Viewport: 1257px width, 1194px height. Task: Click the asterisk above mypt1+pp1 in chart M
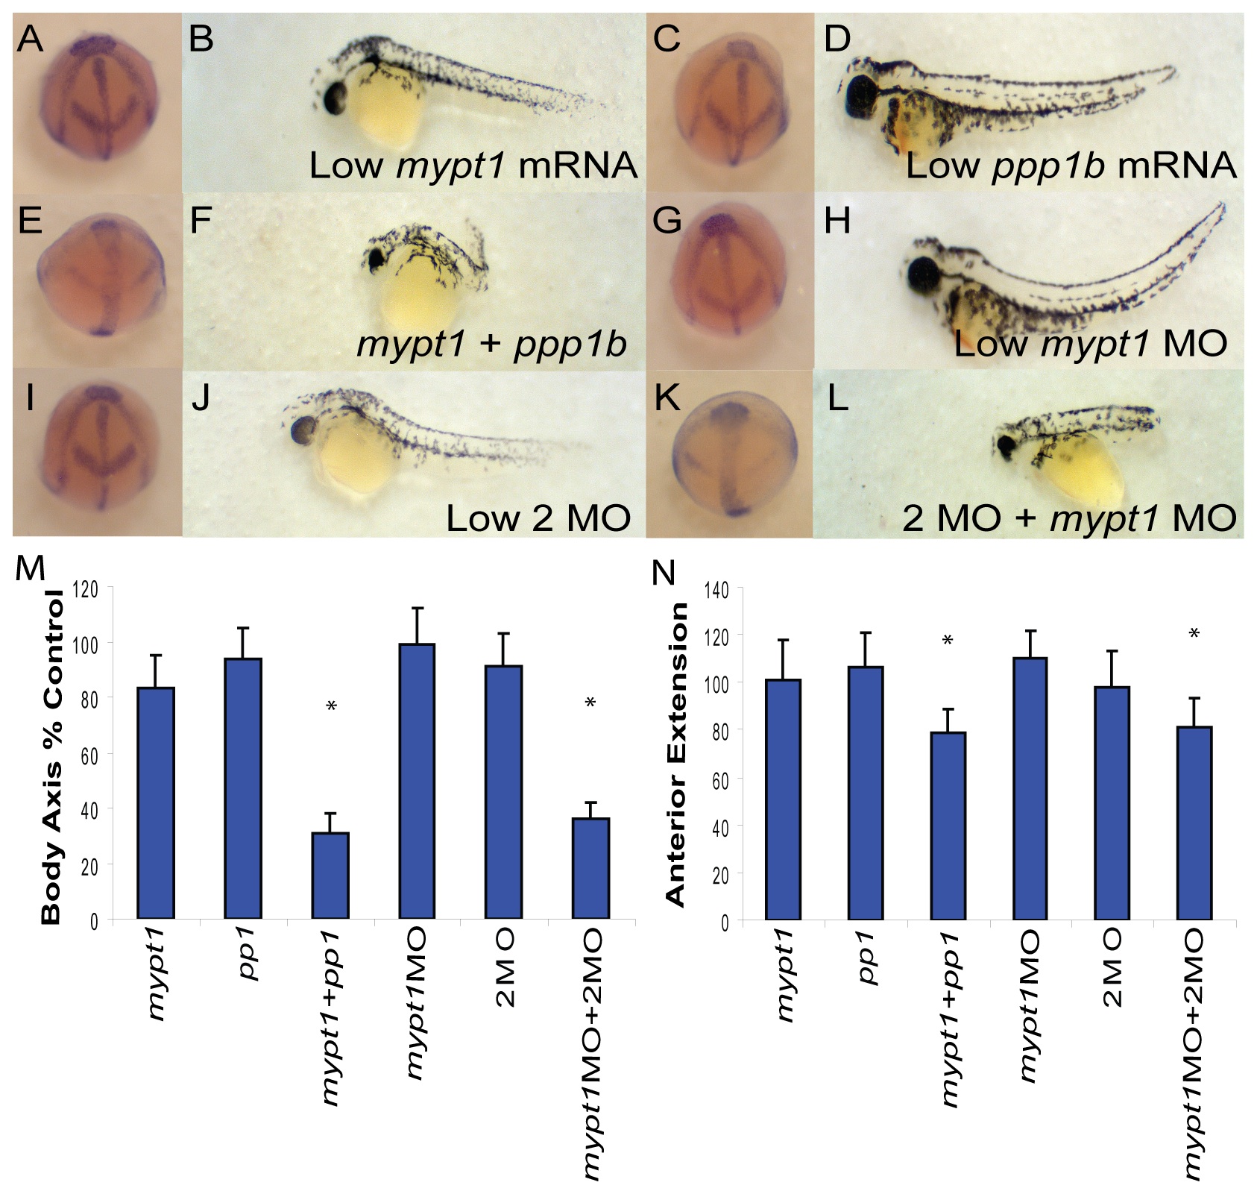coord(331,706)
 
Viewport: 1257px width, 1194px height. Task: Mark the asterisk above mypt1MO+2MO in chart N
coord(1194,635)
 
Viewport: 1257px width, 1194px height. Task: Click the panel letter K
coord(666,399)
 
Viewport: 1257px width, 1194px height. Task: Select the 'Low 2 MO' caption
coord(538,518)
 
